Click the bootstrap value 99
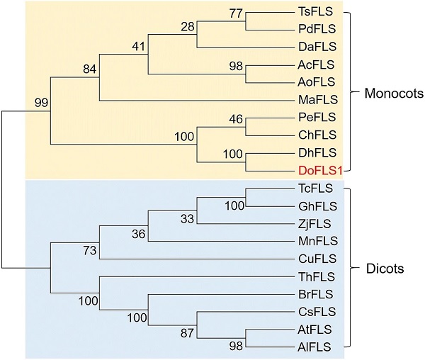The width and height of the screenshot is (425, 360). pos(42,104)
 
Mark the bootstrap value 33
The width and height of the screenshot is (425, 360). pos(187,218)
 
